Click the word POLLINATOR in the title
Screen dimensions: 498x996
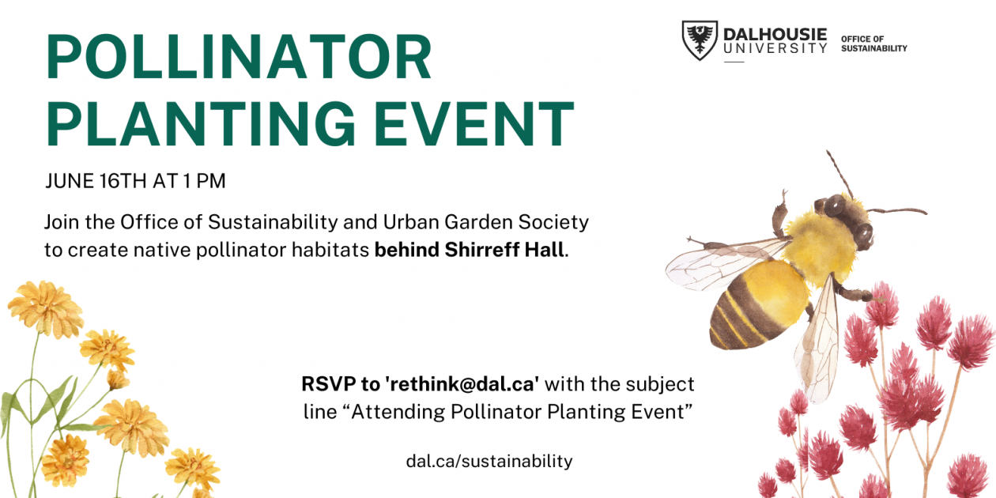pyautogui.click(x=239, y=59)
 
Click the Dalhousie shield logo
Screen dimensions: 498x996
pyautogui.click(x=700, y=40)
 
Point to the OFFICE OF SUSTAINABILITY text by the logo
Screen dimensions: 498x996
pyautogui.click(x=873, y=43)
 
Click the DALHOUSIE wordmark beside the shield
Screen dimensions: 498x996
pyautogui.click(x=775, y=35)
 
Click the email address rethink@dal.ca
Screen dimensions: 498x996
pyautogui.click(x=462, y=385)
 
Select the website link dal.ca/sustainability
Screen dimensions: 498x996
pyautogui.click(x=489, y=461)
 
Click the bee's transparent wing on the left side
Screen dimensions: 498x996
pyautogui.click(x=715, y=261)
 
